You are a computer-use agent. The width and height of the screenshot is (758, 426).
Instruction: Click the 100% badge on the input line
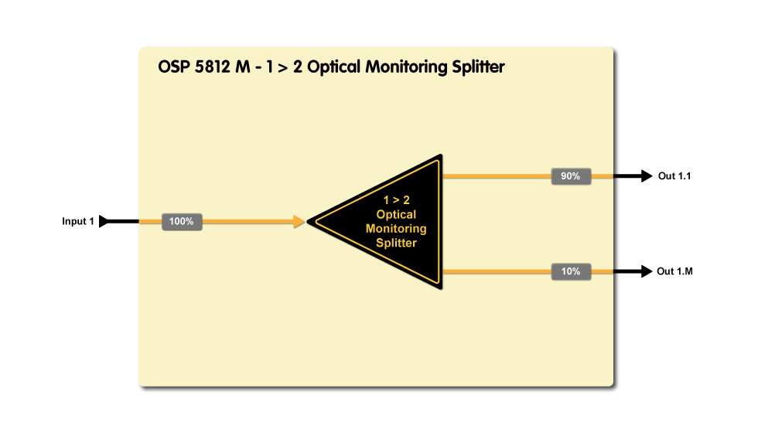pyautogui.click(x=182, y=222)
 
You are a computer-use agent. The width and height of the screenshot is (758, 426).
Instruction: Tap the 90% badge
pyautogui.click(x=571, y=176)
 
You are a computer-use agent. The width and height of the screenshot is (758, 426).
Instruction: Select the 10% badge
pyautogui.click(x=571, y=271)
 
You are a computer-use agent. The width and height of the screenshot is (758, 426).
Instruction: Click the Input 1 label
pyautogui.click(x=78, y=222)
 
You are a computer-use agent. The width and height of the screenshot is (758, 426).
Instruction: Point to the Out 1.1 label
pyautogui.click(x=674, y=176)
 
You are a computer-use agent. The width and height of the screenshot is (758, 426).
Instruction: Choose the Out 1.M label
pyautogui.click(x=674, y=271)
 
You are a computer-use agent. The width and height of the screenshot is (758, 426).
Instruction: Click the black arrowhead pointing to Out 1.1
pyautogui.click(x=645, y=176)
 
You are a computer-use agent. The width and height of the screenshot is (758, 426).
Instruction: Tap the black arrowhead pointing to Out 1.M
pyautogui.click(x=645, y=271)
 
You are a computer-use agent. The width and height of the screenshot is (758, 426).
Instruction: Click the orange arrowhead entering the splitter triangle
pyautogui.click(x=299, y=222)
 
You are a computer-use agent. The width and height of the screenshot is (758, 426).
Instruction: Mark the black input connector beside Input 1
pyautogui.click(x=106, y=222)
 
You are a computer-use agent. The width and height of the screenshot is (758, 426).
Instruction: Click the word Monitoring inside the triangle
pyautogui.click(x=396, y=229)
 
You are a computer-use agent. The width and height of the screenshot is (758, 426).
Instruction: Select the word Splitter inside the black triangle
pyautogui.click(x=396, y=243)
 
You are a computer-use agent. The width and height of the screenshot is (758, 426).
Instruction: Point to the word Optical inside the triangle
pyautogui.click(x=396, y=214)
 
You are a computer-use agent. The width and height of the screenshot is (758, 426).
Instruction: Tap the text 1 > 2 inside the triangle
pyautogui.click(x=396, y=199)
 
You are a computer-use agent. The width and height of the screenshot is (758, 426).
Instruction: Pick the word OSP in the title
pyautogui.click(x=172, y=67)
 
